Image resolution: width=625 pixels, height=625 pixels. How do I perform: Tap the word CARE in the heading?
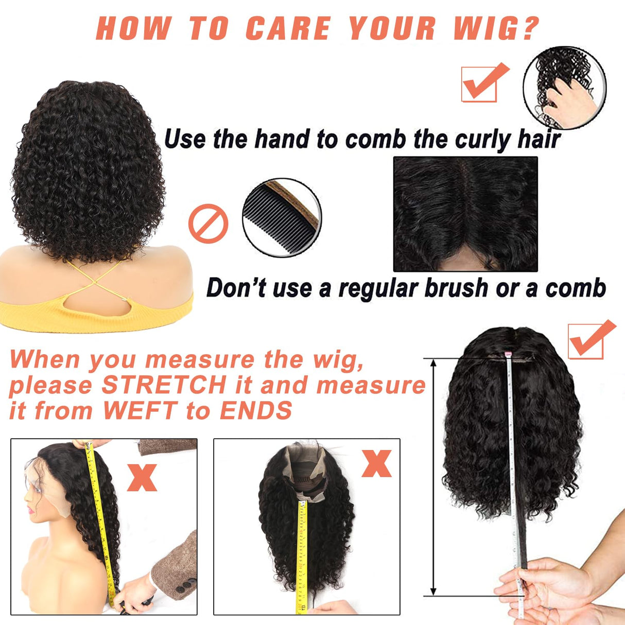coord(288,28)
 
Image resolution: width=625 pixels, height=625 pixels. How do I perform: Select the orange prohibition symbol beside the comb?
coord(208,223)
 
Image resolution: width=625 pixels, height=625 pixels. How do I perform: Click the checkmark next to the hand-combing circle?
coord(484,82)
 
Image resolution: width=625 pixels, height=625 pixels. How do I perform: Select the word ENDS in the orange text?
coord(256,411)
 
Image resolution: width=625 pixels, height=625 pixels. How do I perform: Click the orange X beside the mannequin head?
coord(142,477)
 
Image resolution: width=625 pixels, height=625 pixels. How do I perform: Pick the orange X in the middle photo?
coord(376,463)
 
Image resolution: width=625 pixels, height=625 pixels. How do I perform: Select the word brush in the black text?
coord(453,288)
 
